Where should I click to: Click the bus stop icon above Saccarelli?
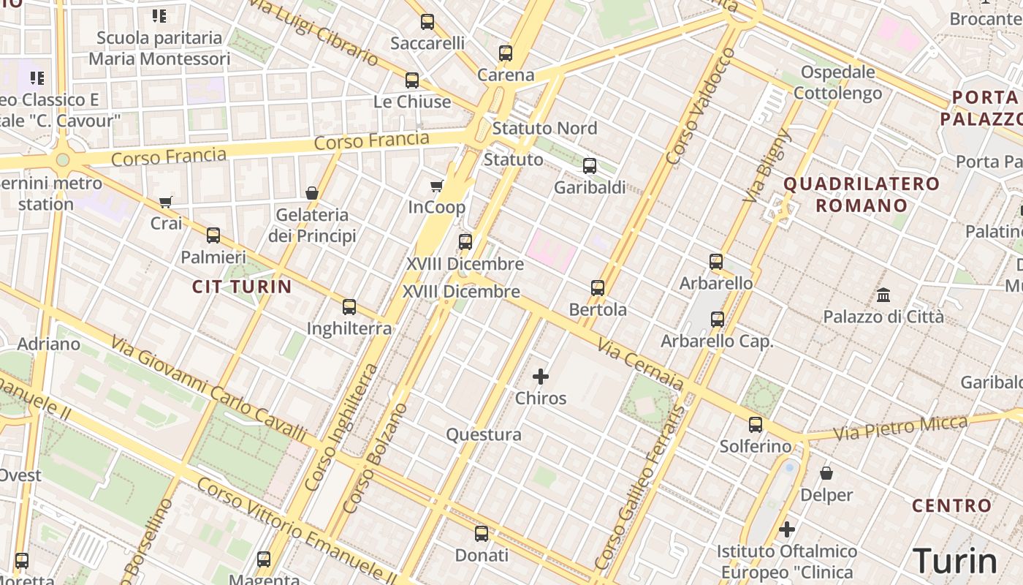point(427,22)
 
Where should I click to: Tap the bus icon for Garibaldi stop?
point(590,166)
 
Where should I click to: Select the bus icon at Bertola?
point(598,288)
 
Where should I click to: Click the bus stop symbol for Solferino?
point(756,425)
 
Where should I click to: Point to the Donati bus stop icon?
point(481,534)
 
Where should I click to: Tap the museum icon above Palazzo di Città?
point(883,295)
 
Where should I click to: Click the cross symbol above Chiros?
point(541,377)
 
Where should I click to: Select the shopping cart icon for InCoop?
point(437,186)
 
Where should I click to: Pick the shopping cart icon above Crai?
point(166,202)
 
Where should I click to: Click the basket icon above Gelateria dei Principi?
point(312,193)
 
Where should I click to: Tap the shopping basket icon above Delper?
point(826,473)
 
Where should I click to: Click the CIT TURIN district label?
point(242,287)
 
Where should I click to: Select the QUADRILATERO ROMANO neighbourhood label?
point(862,195)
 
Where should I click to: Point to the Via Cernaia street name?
point(640,363)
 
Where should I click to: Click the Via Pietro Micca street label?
point(900,428)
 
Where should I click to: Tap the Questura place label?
point(484,435)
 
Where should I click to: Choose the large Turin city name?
point(955,561)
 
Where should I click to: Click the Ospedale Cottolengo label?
point(837,83)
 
